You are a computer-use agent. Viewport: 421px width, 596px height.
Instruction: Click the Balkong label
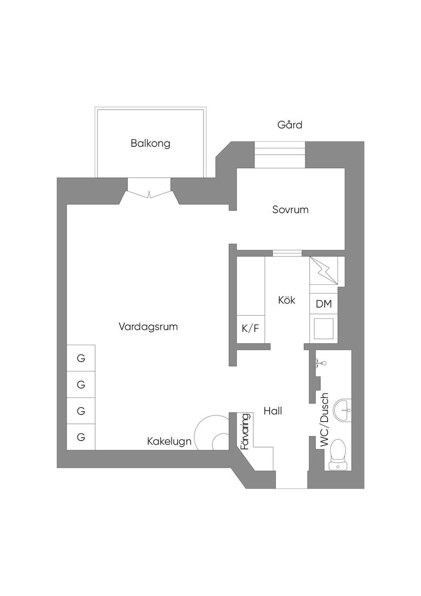click(x=150, y=144)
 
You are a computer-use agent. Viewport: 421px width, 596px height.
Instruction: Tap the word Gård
click(x=289, y=125)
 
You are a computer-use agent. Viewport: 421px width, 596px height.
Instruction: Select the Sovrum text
click(x=290, y=210)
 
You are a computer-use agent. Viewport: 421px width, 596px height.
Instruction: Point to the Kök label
click(x=287, y=300)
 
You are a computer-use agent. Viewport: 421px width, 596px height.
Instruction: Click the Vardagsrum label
click(x=148, y=327)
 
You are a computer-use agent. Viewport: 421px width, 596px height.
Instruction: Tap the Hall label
click(x=273, y=411)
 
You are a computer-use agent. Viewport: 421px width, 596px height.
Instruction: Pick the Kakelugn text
click(x=169, y=442)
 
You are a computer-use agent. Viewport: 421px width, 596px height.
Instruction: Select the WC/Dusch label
click(x=325, y=420)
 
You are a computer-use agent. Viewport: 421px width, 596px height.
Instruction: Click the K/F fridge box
click(x=250, y=329)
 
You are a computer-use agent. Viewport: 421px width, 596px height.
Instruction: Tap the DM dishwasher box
click(x=324, y=304)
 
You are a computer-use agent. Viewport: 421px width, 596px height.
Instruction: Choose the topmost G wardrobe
click(x=81, y=358)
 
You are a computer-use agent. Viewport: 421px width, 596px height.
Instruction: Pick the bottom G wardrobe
click(x=81, y=437)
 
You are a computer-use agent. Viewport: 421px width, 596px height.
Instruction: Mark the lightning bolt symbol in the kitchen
click(x=324, y=270)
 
